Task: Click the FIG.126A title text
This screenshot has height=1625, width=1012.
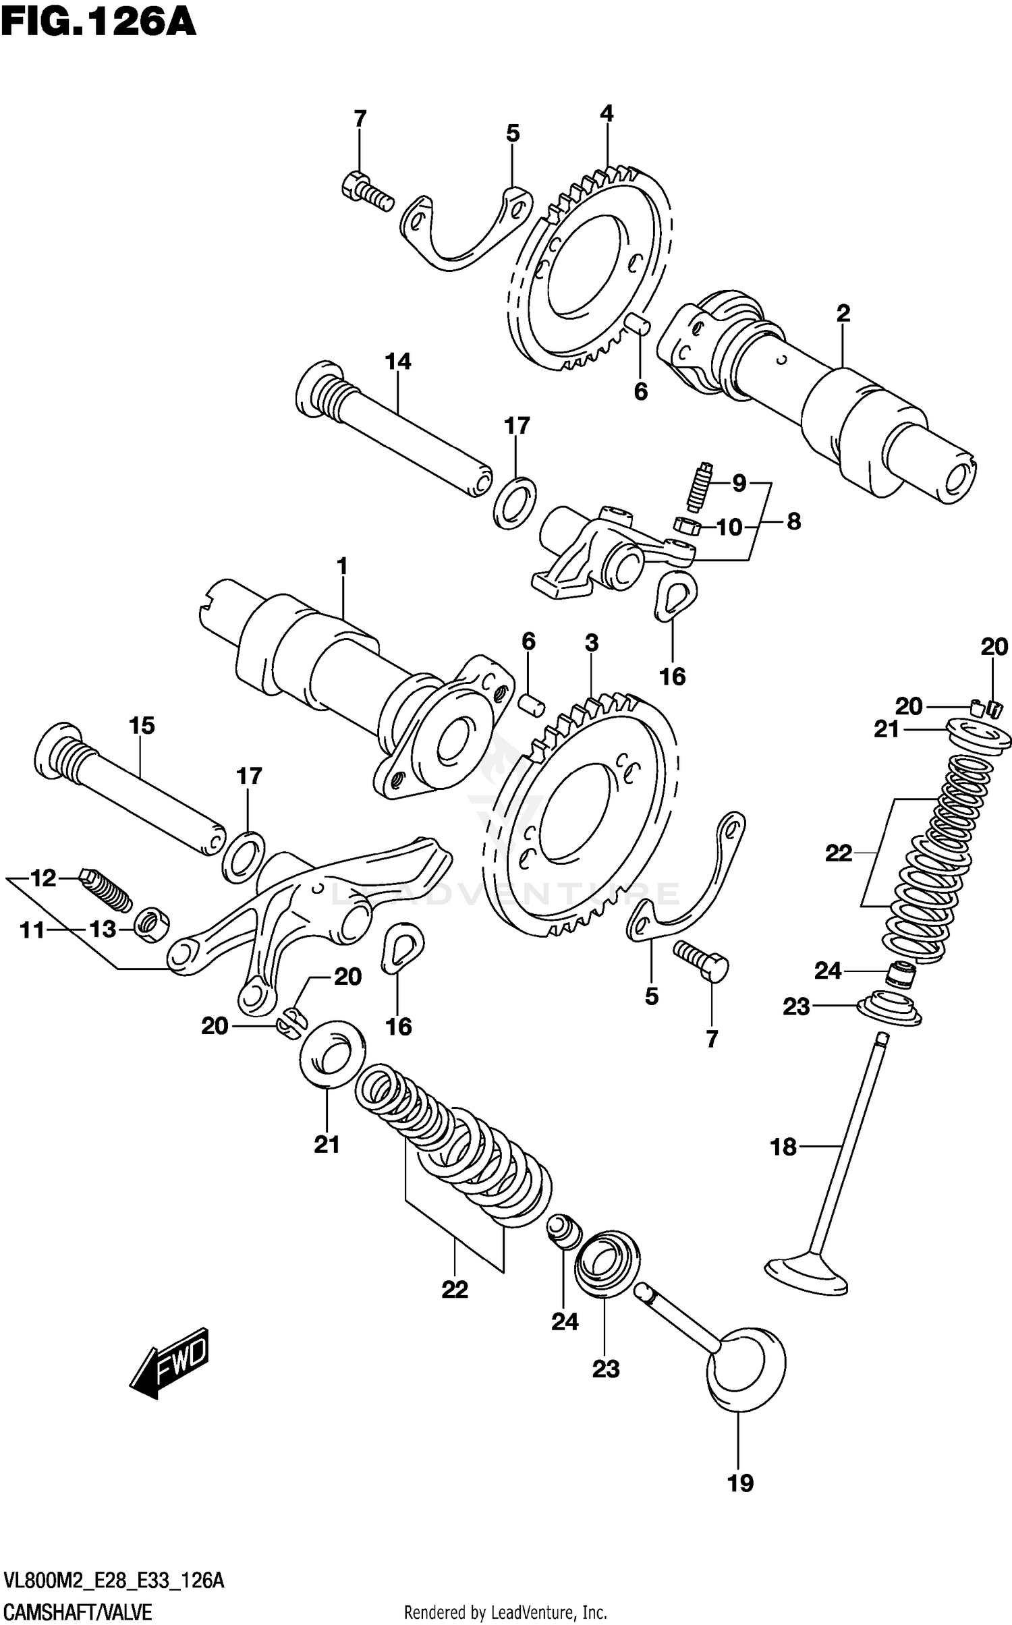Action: point(98,24)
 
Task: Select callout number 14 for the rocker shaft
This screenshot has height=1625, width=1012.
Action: point(398,362)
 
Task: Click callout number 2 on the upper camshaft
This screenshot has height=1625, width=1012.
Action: point(843,313)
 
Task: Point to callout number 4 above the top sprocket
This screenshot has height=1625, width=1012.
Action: point(607,113)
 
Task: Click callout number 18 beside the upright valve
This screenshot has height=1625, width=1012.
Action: point(783,1146)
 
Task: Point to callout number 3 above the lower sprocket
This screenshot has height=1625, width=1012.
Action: point(592,643)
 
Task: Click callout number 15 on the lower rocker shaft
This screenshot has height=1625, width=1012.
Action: point(142,726)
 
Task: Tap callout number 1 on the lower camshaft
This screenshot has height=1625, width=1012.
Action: point(342,567)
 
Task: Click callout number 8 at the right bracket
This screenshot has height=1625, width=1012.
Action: point(793,521)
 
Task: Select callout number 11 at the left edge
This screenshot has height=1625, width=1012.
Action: point(32,930)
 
